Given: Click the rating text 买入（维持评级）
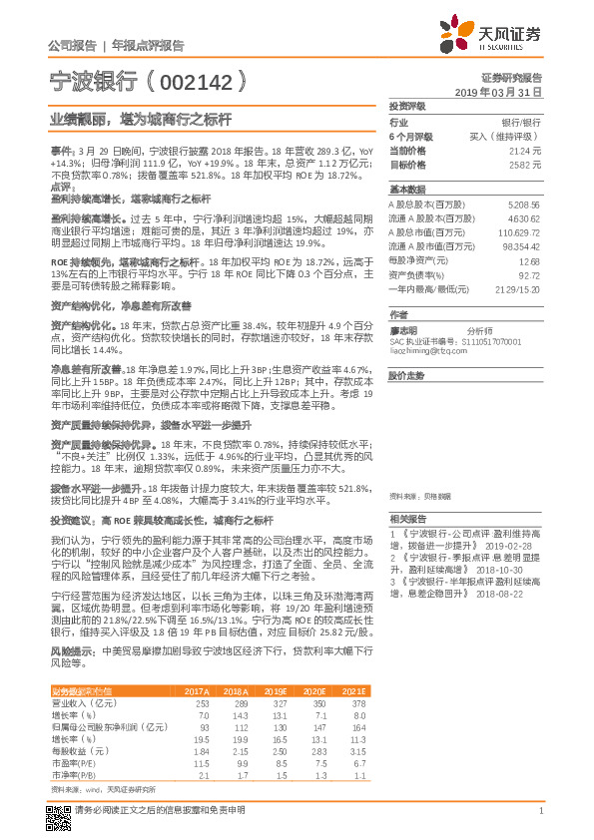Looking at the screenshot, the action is coord(508,136).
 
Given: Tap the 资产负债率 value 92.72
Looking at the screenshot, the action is coord(528,274).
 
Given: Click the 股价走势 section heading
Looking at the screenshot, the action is coord(405,375).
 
